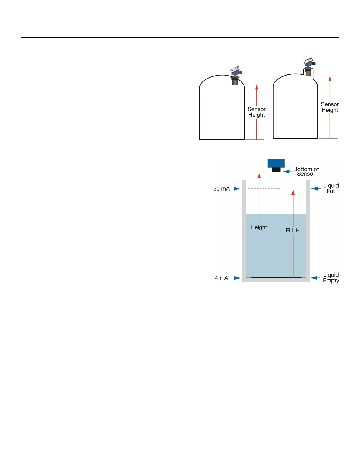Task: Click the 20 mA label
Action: tap(221, 189)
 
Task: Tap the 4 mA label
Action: tap(221, 278)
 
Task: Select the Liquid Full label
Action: tap(331, 189)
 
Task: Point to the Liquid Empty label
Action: tap(331, 278)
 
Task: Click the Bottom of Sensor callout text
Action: tap(306, 172)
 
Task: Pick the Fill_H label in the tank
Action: tap(293, 231)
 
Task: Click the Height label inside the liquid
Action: tap(259, 227)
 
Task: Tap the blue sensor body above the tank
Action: tap(276, 163)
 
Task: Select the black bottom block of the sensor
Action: tap(276, 169)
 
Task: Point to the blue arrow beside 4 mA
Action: tap(236, 278)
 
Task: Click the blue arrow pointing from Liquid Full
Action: tap(316, 189)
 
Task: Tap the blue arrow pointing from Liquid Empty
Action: tap(316, 278)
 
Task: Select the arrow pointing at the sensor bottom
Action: tap(288, 172)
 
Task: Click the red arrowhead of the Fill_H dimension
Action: tap(293, 193)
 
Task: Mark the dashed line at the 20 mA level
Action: tap(264, 189)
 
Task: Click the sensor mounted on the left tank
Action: tap(235, 75)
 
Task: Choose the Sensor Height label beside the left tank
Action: tap(256, 112)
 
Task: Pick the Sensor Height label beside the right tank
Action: tap(330, 107)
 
